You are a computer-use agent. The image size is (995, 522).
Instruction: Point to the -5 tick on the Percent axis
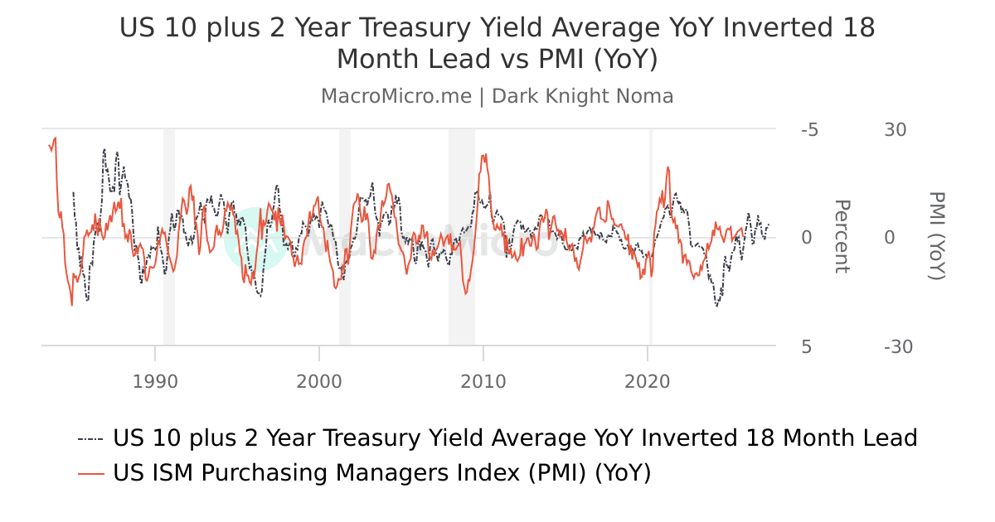coord(809,130)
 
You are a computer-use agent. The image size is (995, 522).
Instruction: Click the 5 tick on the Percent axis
coord(807,346)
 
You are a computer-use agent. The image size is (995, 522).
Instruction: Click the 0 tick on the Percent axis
coord(807,238)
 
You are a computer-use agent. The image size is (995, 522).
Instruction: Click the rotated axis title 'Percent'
coord(841,237)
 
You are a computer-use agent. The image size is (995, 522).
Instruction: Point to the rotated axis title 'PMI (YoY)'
coord(936,237)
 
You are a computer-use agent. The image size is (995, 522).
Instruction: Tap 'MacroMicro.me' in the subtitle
coord(396,96)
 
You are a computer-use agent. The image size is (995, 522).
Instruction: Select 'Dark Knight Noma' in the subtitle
coord(582,96)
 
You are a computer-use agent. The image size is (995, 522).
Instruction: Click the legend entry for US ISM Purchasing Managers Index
coord(381,473)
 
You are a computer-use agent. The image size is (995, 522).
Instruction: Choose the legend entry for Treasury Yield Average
coord(514,437)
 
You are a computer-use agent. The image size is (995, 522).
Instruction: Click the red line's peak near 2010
coord(484,155)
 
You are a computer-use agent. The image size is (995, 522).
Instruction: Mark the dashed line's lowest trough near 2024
coord(716,306)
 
